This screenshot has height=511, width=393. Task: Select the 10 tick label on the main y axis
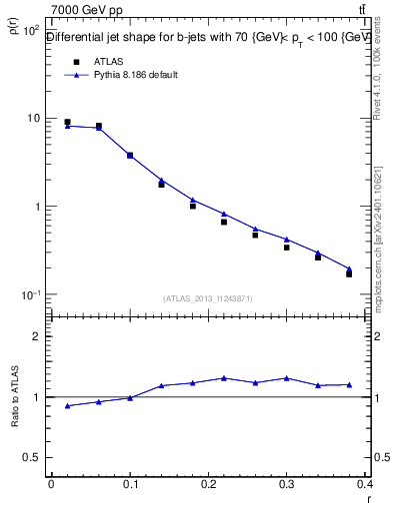[x=33, y=118]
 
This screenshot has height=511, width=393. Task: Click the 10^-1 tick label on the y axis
[x=30, y=294]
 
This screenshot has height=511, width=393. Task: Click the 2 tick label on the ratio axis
[x=37, y=336]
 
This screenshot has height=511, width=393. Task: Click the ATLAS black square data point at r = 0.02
[x=67, y=122]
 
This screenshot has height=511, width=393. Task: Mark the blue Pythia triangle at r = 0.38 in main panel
[x=349, y=268]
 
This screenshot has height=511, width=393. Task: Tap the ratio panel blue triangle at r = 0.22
[x=224, y=378]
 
